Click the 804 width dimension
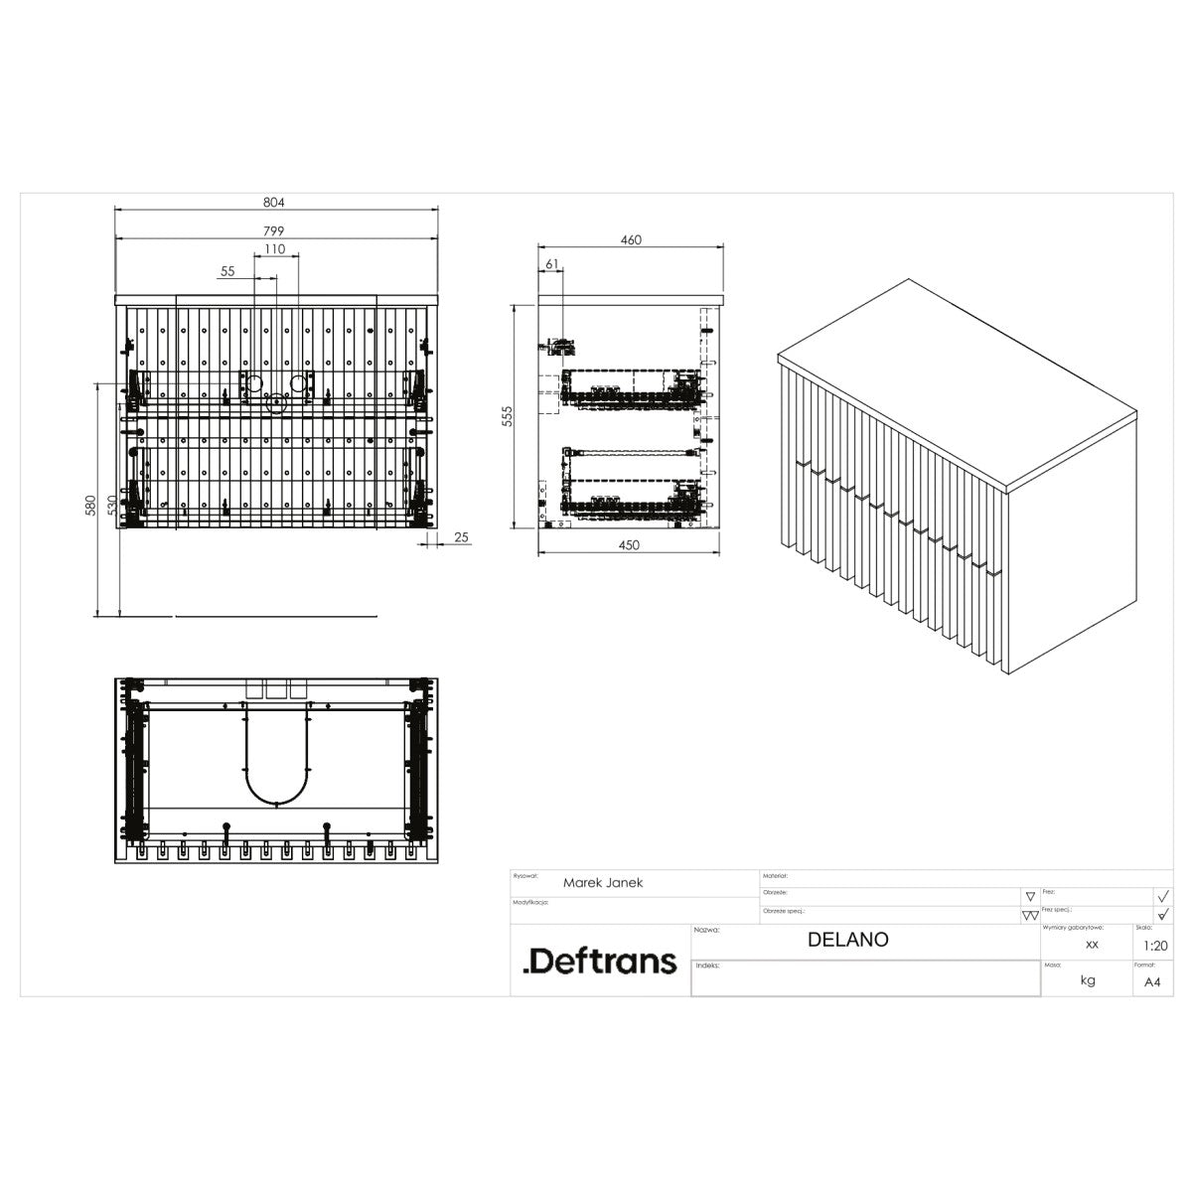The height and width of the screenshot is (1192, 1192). [274, 202]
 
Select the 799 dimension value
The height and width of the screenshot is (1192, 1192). [274, 230]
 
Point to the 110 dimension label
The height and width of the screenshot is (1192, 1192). [274, 249]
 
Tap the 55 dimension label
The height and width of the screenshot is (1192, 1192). [227, 270]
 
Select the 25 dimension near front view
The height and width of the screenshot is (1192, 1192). [461, 537]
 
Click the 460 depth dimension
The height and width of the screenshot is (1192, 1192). [631, 239]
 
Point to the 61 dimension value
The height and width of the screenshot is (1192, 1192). [553, 263]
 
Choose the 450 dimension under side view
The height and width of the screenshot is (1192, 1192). [629, 544]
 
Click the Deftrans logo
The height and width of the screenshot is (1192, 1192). [599, 961]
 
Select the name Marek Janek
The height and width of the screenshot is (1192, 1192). [603, 882]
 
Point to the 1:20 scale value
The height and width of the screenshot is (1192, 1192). [1155, 946]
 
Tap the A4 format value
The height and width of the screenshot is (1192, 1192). [1152, 981]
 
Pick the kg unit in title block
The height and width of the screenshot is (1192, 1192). [1089, 980]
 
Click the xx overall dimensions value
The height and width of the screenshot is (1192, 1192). [1092, 945]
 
